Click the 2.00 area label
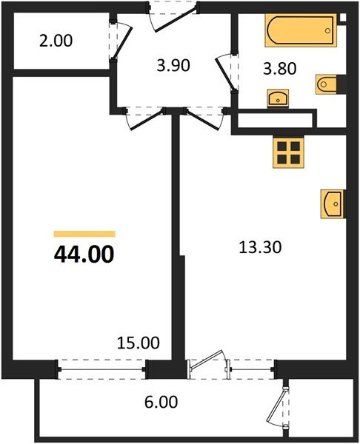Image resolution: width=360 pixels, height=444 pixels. [56, 41]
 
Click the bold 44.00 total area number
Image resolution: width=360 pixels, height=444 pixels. [84, 255]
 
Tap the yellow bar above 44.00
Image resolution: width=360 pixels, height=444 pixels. [84, 233]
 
